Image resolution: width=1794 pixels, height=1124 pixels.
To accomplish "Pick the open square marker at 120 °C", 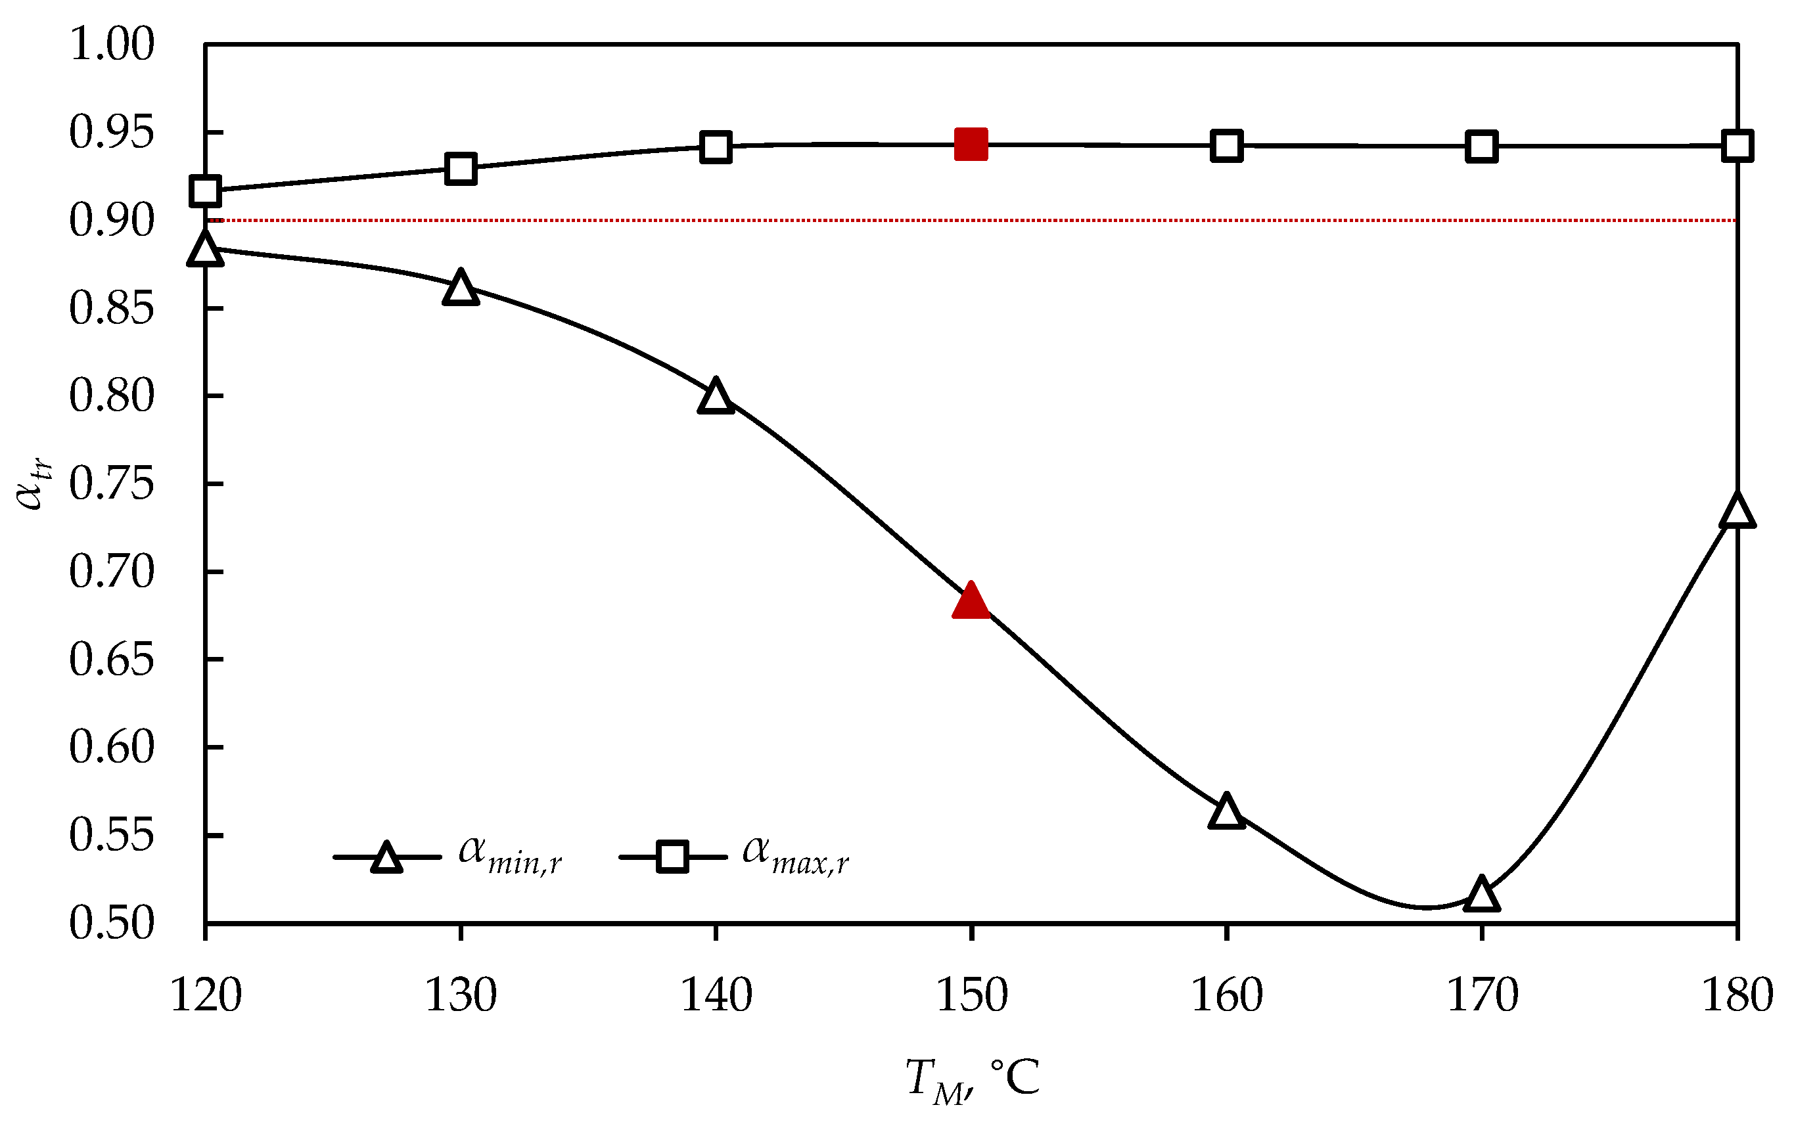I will click(x=205, y=191).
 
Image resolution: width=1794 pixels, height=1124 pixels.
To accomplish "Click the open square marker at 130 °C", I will click(x=460, y=169).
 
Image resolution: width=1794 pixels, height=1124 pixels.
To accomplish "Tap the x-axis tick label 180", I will click(x=1737, y=995).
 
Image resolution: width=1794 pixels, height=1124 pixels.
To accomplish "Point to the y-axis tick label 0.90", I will click(x=112, y=220).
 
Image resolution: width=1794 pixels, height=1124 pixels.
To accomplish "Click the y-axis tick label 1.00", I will click(x=112, y=44).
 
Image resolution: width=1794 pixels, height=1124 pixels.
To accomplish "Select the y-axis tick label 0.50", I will click(x=112, y=923).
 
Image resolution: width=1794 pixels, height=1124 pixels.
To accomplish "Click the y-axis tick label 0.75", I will click(x=112, y=484).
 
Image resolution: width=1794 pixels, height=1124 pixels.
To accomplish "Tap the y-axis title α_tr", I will click(x=34, y=483).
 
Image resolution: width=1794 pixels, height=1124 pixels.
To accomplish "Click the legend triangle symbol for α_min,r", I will click(x=386, y=858).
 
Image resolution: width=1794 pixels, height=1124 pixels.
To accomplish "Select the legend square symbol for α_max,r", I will click(x=672, y=857).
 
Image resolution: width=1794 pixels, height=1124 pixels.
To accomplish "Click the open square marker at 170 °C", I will click(x=1481, y=146).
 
